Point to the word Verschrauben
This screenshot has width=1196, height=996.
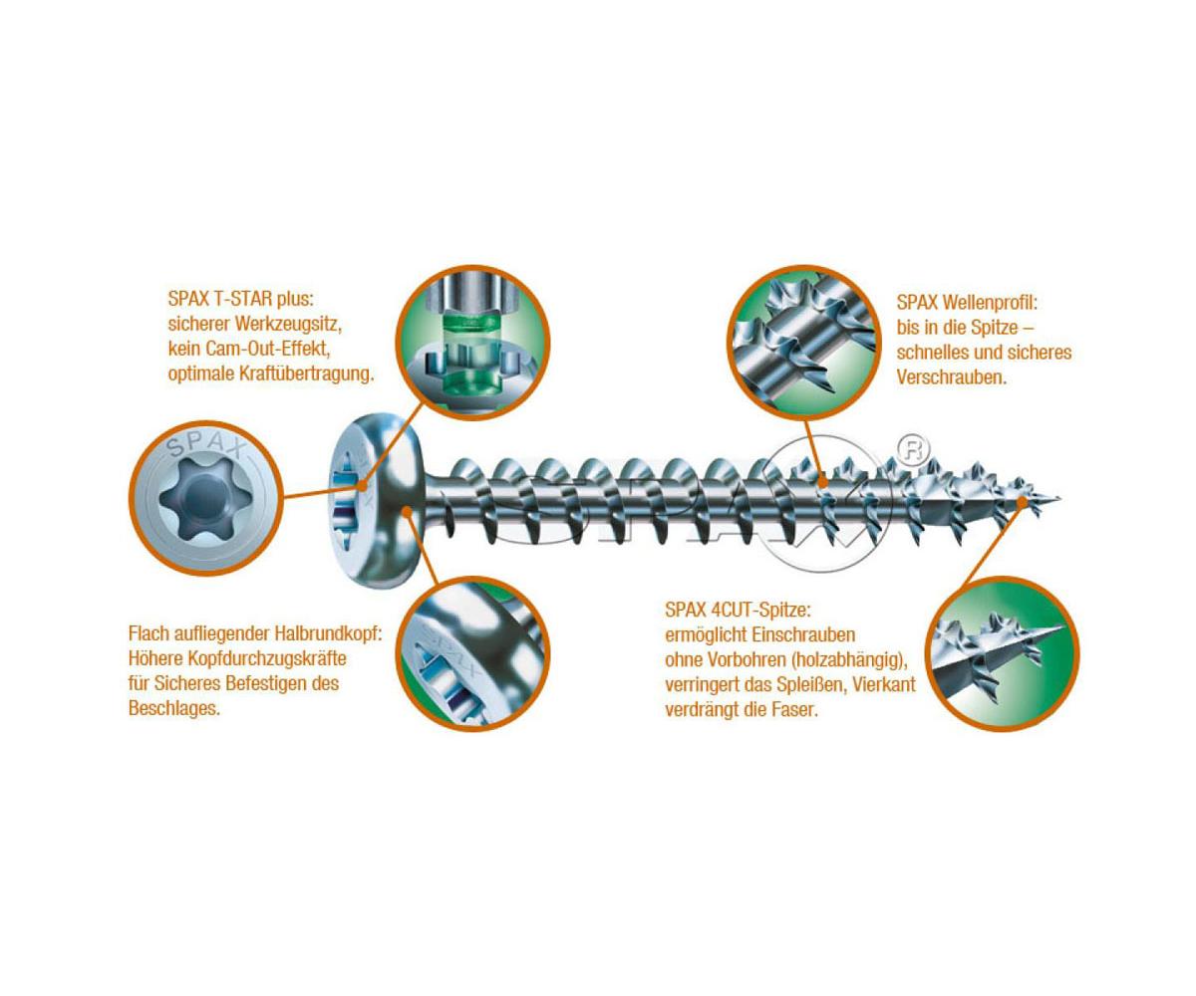(x=952, y=377)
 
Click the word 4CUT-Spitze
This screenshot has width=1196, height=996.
(x=761, y=611)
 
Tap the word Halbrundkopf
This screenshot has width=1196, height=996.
(x=328, y=633)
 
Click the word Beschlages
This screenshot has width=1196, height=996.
(x=174, y=708)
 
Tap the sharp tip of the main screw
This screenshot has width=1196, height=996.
(x=1060, y=499)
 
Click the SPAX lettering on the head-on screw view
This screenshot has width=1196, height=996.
(x=205, y=447)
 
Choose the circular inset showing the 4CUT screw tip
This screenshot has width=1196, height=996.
(x=1003, y=653)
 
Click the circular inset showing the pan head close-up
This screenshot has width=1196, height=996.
(x=473, y=654)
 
